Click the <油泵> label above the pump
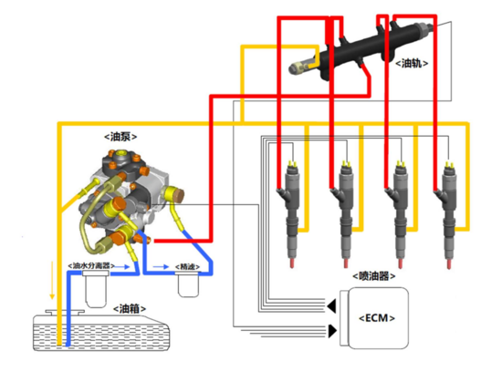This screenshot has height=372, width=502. (120, 137)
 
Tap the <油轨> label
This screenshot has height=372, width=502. (412, 63)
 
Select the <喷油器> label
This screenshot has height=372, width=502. (373, 275)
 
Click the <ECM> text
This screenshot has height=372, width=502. (377, 318)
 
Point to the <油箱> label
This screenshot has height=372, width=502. (130, 309)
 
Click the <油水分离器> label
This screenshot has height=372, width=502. (91, 265)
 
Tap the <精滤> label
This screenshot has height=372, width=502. (187, 266)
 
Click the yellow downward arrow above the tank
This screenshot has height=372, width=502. (51, 280)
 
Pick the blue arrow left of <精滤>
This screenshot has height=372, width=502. (161, 266)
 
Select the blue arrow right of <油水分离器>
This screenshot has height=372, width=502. (122, 266)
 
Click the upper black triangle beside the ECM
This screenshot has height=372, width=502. (331, 305)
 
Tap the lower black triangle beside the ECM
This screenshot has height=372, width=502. (332, 331)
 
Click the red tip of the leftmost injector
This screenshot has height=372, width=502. (292, 263)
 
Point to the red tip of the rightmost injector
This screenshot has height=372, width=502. (449, 264)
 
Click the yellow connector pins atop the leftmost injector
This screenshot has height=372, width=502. (292, 164)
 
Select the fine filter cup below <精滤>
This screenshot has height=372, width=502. (188, 284)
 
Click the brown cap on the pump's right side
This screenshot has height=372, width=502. (179, 195)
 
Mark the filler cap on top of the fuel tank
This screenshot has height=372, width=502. (65, 313)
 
